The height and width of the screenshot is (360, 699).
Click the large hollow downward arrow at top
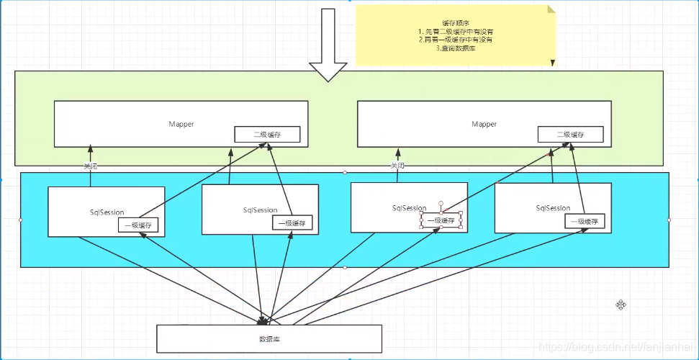pos(328,43)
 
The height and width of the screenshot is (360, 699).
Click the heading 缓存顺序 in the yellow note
pos(455,22)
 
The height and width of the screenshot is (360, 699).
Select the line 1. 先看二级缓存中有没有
pos(455,32)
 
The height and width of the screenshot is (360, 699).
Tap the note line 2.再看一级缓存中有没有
pos(455,40)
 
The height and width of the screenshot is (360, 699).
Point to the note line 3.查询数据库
pos(455,49)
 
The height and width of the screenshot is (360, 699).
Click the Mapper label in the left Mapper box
pos(181,124)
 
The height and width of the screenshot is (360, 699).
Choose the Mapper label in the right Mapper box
pos(484,124)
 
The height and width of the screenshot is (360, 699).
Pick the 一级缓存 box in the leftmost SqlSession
pos(138,225)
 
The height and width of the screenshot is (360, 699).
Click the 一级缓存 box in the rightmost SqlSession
pos(584,221)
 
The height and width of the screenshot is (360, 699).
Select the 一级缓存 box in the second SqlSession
pos(292,223)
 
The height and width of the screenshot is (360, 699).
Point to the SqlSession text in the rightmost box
pos(553,208)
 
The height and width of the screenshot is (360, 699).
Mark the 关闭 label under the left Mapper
pos(90,166)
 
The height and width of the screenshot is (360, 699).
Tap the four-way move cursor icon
pos(621,305)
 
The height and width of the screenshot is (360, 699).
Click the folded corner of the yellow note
pos(551,9)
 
